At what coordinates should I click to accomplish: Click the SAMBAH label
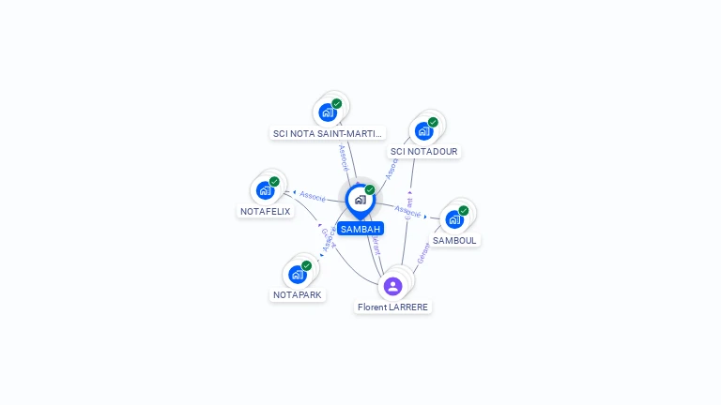pos(360,229)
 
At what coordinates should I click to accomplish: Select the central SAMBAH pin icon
pos(360,200)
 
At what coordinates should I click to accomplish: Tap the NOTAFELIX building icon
pos(266,190)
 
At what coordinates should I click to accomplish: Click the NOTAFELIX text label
pos(266,212)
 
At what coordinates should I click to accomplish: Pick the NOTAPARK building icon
pos(298,274)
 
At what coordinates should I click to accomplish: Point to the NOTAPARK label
pos(298,294)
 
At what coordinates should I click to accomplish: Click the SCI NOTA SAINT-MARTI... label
pos(329,133)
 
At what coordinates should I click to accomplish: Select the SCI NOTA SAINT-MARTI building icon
pos(328,112)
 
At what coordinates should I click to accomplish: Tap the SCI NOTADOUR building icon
pos(423,130)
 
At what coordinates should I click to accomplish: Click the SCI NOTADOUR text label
pos(424,151)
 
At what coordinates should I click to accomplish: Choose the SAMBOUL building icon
pos(454,219)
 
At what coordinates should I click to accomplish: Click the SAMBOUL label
pos(455,240)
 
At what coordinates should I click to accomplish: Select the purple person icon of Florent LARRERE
pos(393,286)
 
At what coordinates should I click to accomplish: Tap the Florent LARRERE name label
pos(393,307)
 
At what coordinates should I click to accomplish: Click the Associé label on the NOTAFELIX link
pos(313,196)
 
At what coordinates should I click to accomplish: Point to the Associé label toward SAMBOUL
pos(407,210)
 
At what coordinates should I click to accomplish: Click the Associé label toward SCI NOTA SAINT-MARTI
pos(345,156)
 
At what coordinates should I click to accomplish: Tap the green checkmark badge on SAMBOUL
pos(464,210)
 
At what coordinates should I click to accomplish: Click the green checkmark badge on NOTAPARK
pos(306,265)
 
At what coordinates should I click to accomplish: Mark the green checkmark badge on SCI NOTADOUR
pos(433,122)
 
